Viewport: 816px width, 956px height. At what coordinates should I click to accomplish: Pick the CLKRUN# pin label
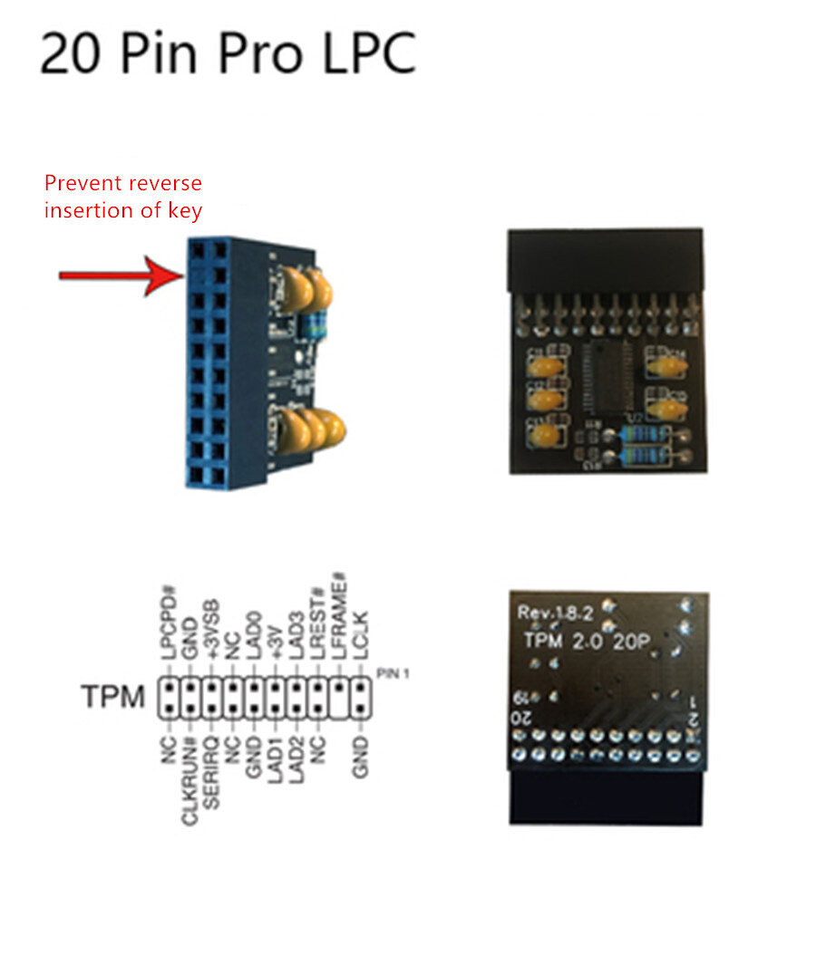point(189,781)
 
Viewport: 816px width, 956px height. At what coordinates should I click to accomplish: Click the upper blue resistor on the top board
point(645,438)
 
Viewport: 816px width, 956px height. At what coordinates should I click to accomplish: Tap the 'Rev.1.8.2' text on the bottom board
point(555,613)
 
